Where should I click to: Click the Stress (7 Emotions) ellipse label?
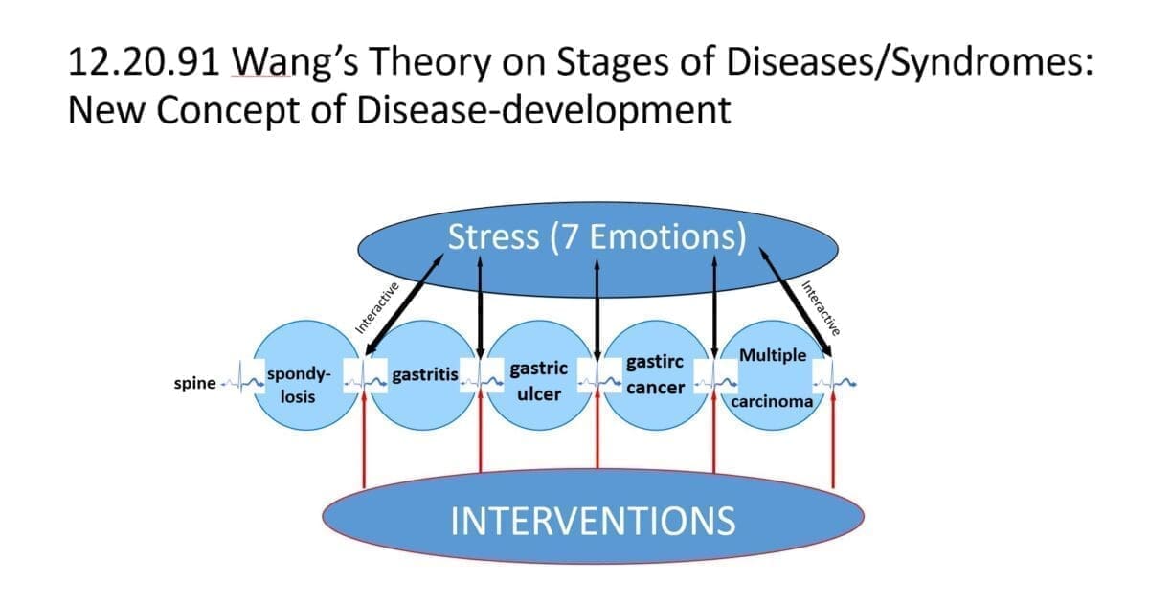pyautogui.click(x=597, y=236)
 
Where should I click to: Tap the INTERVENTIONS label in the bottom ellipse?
pyautogui.click(x=594, y=521)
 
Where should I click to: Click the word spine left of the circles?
pyautogui.click(x=194, y=384)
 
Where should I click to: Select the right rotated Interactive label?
pyautogui.click(x=819, y=308)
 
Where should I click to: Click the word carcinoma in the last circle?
pyautogui.click(x=772, y=402)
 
